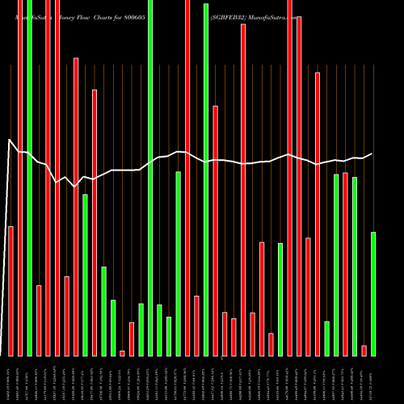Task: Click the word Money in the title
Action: [x=69, y=15]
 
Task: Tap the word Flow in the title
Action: [x=95, y=15]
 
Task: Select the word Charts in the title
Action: [x=119, y=15]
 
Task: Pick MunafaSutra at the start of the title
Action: [x=32, y=15]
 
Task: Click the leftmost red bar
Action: [x=11, y=291]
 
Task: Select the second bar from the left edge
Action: [x=20, y=178]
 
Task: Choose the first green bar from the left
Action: [x=29, y=178]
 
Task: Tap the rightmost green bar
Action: [x=373, y=293]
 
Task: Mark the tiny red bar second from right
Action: [x=364, y=350]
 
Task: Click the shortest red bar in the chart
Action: [x=123, y=353]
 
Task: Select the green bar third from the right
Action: [x=336, y=265]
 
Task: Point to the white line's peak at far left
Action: [x=10, y=140]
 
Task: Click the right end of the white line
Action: [x=372, y=154]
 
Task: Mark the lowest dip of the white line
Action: [x=75, y=187]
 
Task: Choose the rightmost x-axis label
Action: [x=372, y=380]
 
